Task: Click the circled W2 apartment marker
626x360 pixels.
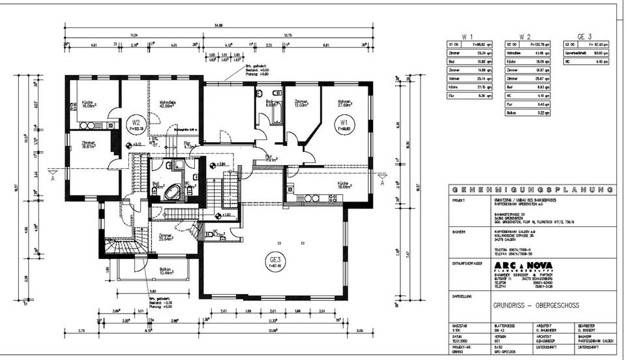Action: click(x=136, y=123)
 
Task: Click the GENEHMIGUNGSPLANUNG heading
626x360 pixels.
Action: click(x=532, y=190)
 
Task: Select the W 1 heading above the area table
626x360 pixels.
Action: click(x=467, y=37)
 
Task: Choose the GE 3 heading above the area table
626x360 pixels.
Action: click(x=584, y=37)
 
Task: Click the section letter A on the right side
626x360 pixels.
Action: click(x=382, y=183)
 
